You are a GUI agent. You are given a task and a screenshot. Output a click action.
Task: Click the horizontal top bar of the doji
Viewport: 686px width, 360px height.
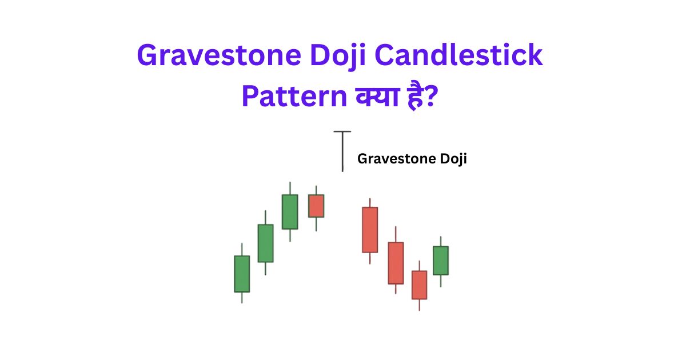pos(342,131)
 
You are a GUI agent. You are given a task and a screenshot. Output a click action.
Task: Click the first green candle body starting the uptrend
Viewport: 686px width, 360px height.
pos(242,274)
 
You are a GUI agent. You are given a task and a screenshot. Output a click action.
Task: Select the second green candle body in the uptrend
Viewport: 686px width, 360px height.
pos(265,243)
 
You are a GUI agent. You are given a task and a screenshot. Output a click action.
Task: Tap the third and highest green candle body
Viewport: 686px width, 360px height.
pos(290,211)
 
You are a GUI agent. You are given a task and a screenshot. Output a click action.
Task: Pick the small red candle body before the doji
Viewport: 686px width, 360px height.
pos(316,206)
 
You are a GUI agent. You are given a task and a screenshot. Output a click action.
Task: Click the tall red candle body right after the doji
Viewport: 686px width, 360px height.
pos(370,229)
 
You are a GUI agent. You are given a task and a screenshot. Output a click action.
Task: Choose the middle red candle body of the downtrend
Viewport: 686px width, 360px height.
pos(396,263)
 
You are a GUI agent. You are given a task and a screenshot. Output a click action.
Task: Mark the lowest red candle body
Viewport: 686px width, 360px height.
pos(420,285)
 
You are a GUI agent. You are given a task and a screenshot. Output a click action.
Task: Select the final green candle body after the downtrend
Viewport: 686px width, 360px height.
pos(440,260)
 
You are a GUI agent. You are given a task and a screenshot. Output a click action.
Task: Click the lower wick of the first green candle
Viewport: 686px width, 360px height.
pos(242,297)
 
